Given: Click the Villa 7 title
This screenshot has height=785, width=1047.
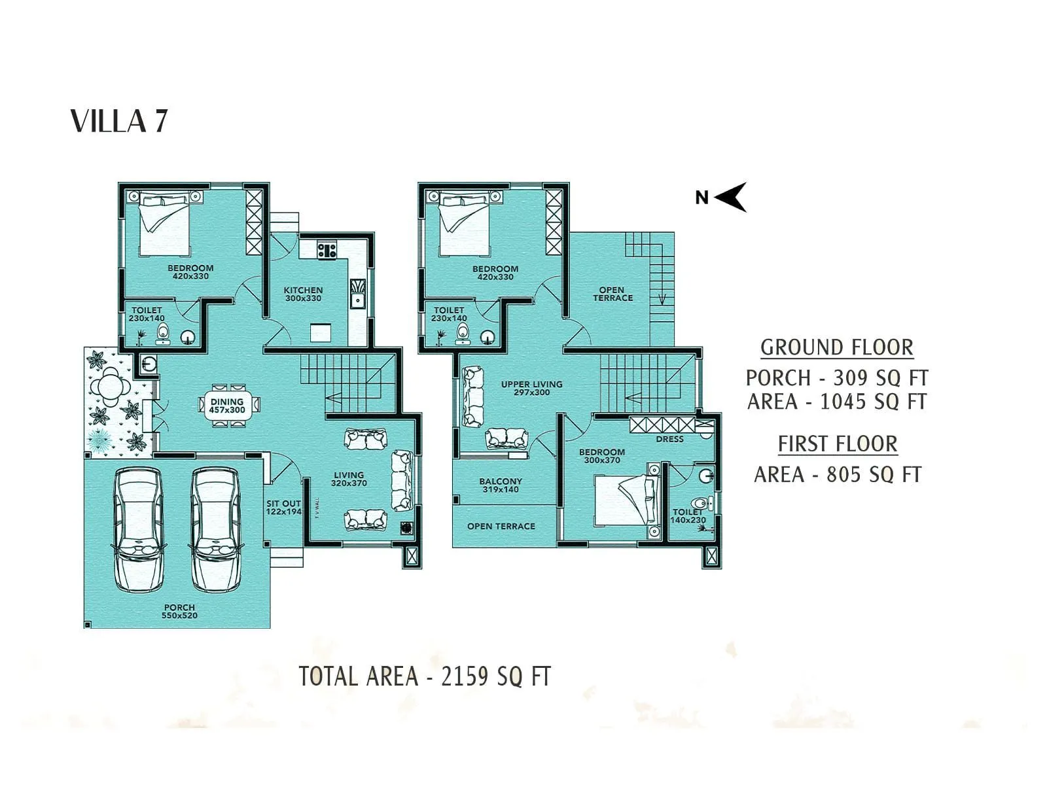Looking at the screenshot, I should tap(119, 122).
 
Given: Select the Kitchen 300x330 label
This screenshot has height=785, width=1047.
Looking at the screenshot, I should tap(303, 294).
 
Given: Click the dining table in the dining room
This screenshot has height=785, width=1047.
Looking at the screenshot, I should tap(227, 406).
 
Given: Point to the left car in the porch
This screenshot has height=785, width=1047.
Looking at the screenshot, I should tap(138, 530).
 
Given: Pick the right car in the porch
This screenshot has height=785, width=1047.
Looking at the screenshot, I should tap(215, 530).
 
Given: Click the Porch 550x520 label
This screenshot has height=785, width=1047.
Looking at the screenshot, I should tap(180, 611).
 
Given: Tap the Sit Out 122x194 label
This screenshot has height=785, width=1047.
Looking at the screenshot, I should tap(283, 508).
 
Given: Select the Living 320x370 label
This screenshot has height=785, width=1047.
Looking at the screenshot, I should tap(349, 479).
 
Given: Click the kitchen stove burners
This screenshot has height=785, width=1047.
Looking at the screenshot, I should tap(327, 250).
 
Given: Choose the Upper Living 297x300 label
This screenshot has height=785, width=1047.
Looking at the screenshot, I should tap(531, 388).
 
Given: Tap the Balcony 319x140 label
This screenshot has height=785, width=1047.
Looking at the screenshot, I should tap(501, 485).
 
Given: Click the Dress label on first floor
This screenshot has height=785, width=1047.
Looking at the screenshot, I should tap(669, 439).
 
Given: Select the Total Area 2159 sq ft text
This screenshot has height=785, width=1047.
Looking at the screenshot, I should tap(425, 676).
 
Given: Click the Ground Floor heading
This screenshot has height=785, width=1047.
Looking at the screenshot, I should tap(836, 347).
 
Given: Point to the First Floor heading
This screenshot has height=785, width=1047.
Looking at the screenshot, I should tap(837, 444).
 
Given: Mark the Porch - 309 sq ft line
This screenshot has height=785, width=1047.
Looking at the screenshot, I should tap(837, 377).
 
